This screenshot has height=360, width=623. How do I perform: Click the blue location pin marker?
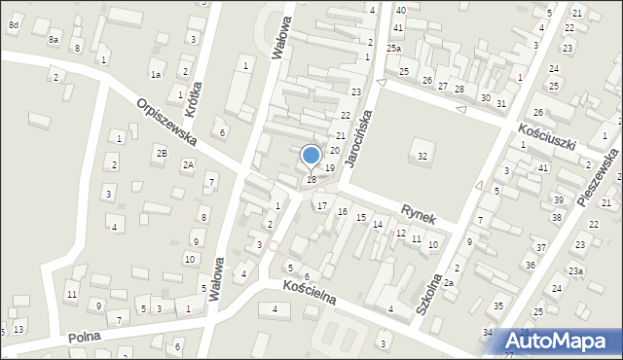coord(311,156)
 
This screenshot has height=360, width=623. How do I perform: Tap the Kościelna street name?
coord(309,292)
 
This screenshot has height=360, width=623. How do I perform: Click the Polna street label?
coord(86,337)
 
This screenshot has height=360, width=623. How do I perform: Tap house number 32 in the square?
coord(421,156)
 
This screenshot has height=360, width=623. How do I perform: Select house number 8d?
coord(13,24)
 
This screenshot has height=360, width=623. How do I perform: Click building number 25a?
coord(392,48)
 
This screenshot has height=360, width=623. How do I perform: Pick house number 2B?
coord(162,154)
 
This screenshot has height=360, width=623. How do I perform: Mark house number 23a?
coord(576,270)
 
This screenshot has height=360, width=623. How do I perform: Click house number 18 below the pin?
coord(311,179)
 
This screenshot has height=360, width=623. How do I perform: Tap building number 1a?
coord(155,74)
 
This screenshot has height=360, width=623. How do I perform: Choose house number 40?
coord(400,10)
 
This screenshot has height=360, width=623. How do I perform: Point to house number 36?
coord(530,265)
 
